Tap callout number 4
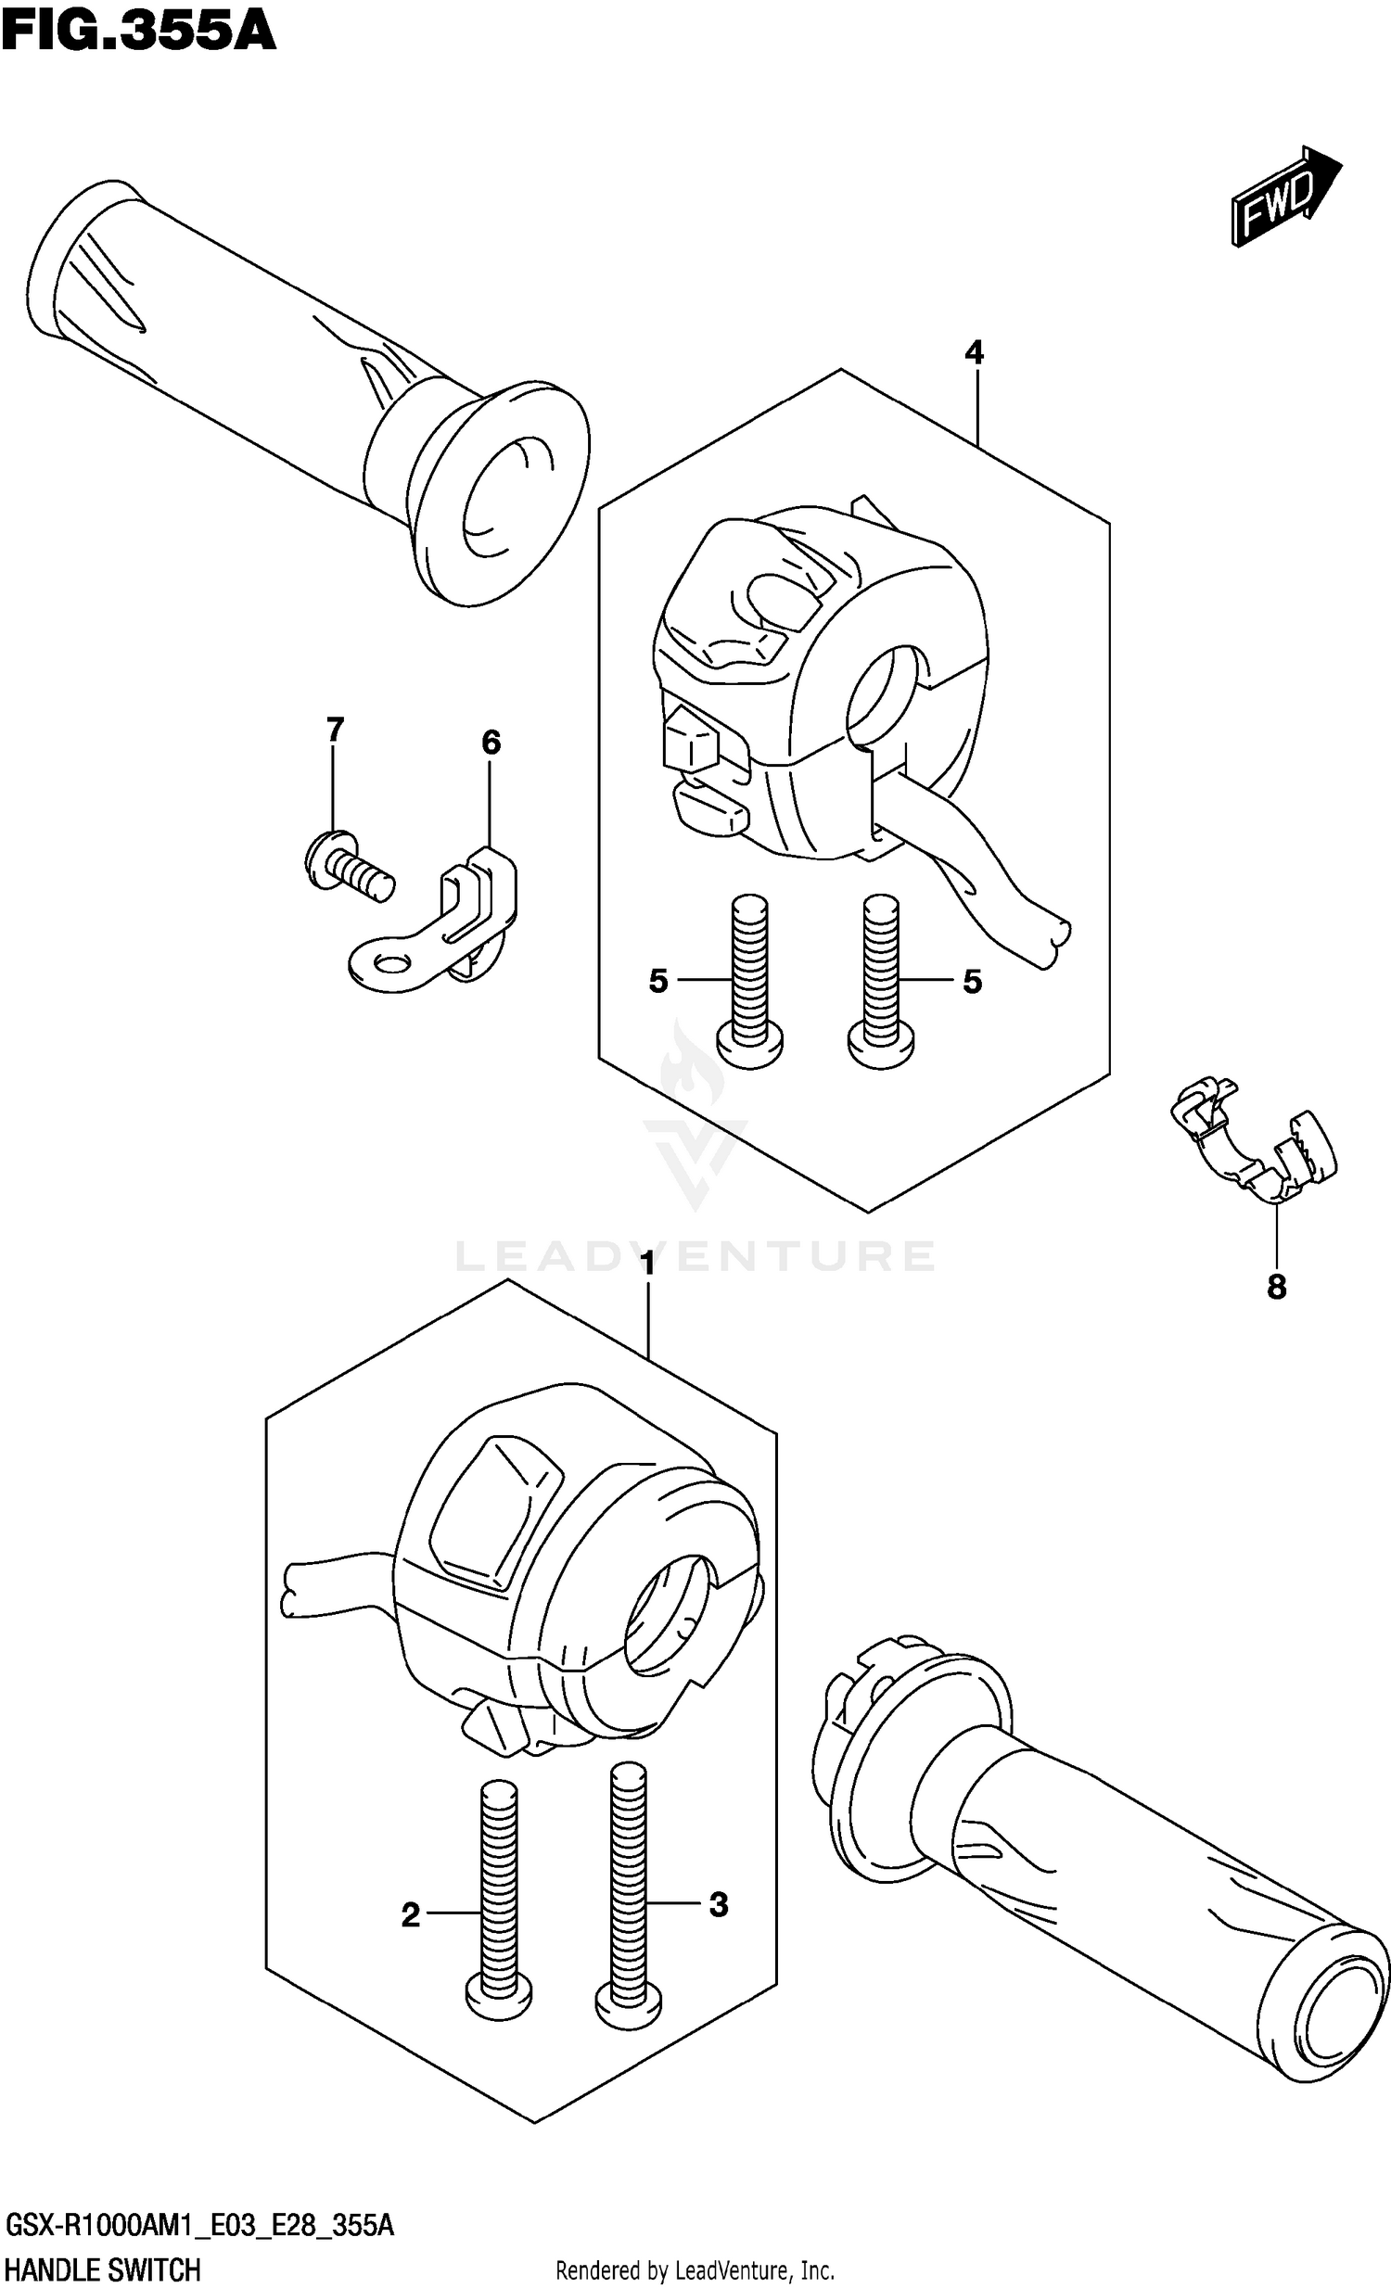click(973, 352)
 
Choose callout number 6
click(491, 742)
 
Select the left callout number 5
click(658, 981)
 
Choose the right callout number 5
click(971, 981)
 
